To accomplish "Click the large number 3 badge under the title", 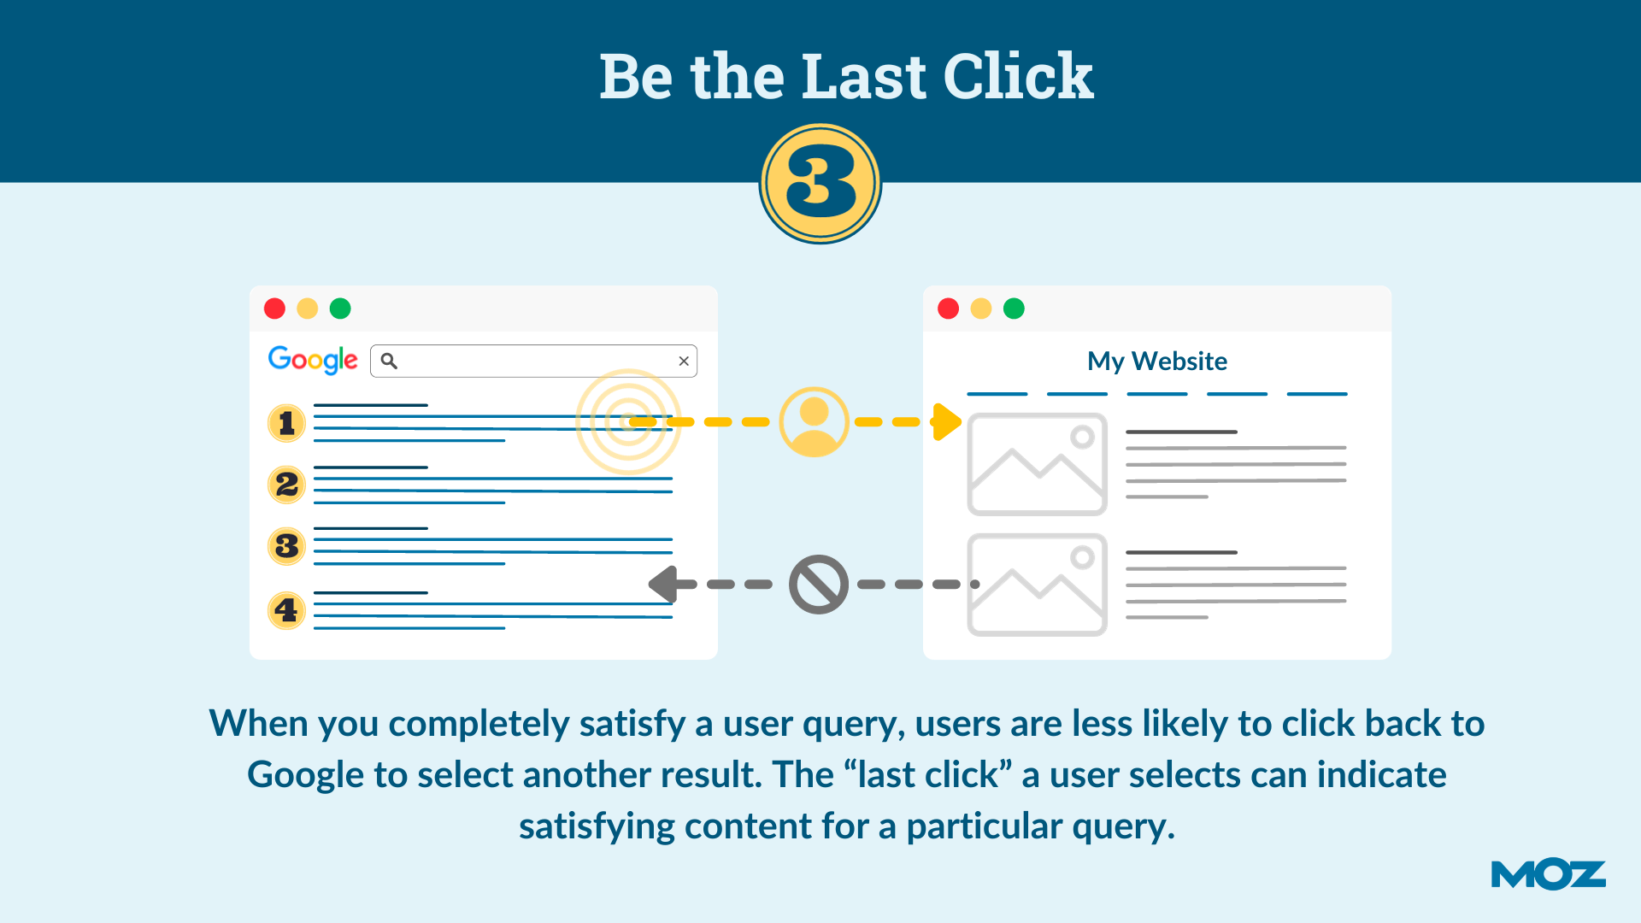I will tap(820, 183).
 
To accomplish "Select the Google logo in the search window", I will tap(313, 360).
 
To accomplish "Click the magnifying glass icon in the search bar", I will tap(389, 361).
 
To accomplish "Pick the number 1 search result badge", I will tap(286, 423).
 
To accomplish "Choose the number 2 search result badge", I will tap(286, 485).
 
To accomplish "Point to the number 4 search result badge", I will tap(286, 610).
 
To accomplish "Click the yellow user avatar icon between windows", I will tap(814, 421).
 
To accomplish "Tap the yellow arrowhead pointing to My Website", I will tap(946, 421).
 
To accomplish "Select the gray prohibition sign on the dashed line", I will tap(818, 585).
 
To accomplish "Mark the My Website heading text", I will tap(1156, 361).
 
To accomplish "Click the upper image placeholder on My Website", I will tap(1037, 464).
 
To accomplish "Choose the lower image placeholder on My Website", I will tap(1037, 585).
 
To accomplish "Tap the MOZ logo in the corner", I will tap(1548, 874).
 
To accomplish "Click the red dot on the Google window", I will tap(274, 309).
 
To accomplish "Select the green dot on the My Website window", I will tap(1014, 309).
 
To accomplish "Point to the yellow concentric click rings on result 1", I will tap(628, 421).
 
